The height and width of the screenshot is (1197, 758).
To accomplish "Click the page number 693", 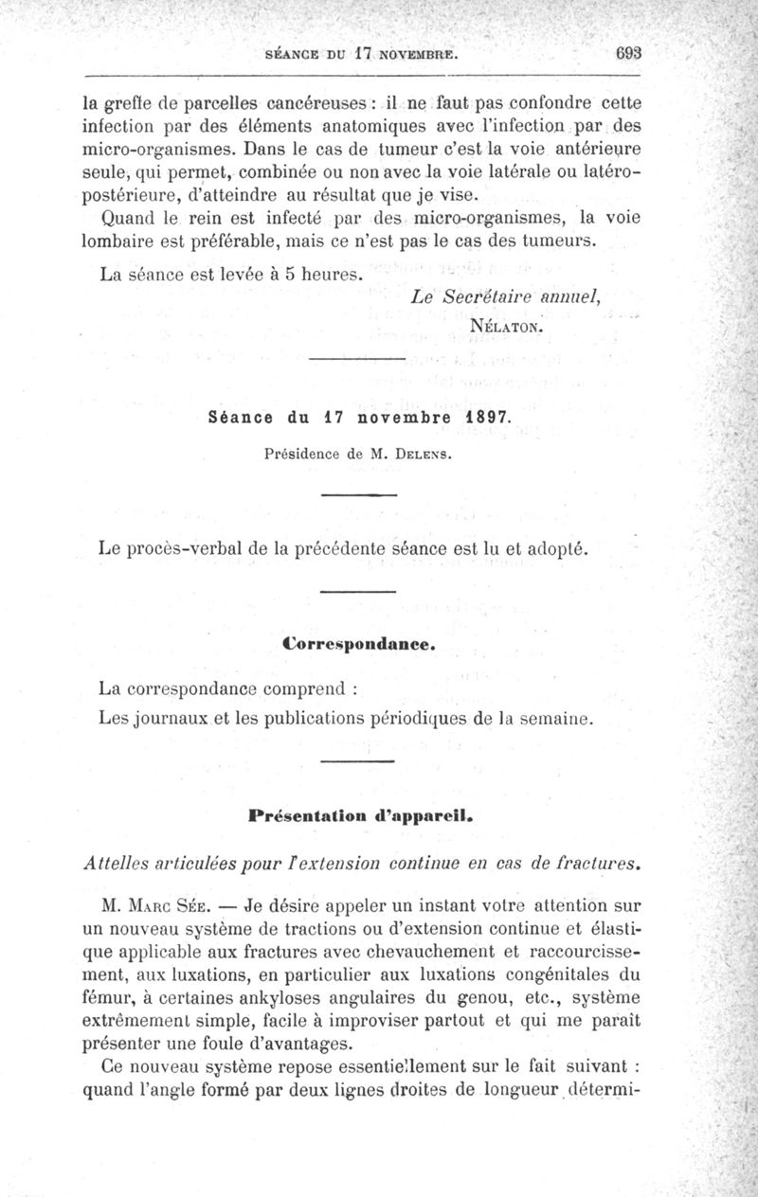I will click(629, 54).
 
